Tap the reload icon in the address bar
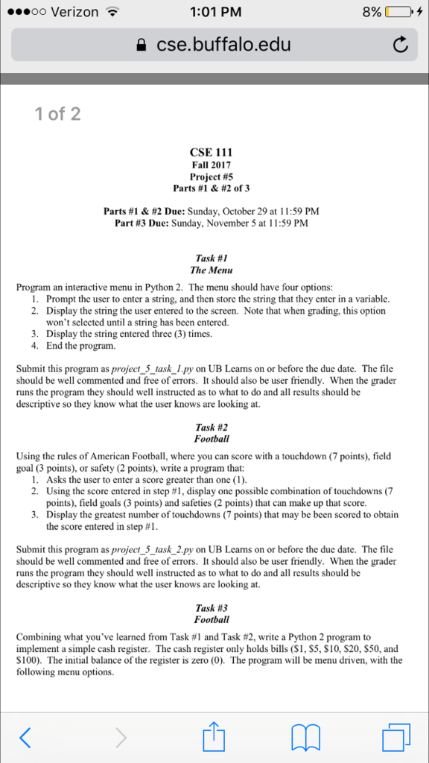pos(401,45)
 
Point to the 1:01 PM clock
pos(214,12)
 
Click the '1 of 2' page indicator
pos(57,114)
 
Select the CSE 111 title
pos(212,153)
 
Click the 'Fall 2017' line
pos(212,165)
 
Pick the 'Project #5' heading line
pos(212,177)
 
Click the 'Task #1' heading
pos(212,258)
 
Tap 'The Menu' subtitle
pos(212,270)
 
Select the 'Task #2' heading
pos(212,428)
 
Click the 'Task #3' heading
pos(212,608)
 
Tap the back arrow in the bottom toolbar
pos(26,737)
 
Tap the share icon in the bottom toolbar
pos(214,735)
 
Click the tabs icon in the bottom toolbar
pos(395,737)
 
